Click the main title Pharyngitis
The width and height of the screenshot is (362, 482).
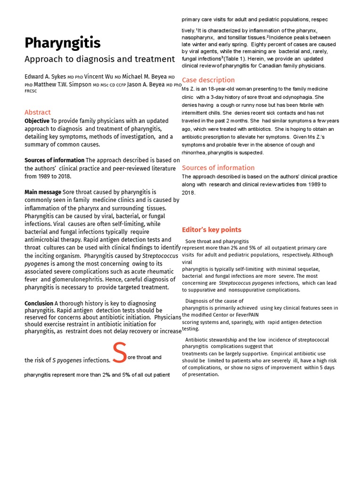click(62, 43)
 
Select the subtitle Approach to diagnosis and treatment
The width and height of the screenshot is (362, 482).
click(99, 59)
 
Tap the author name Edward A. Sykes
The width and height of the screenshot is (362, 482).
click(45, 76)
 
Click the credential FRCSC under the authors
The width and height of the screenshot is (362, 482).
click(31, 91)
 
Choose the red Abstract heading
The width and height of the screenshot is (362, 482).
click(38, 112)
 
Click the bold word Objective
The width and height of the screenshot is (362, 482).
click(37, 121)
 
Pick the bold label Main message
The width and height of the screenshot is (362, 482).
click(43, 192)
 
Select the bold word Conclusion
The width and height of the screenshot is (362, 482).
click(39, 304)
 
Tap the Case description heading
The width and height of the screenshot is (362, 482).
click(208, 80)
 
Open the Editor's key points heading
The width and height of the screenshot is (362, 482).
click(212, 230)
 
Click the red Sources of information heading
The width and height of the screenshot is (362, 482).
click(218, 168)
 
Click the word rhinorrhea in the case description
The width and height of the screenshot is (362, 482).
click(195, 153)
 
